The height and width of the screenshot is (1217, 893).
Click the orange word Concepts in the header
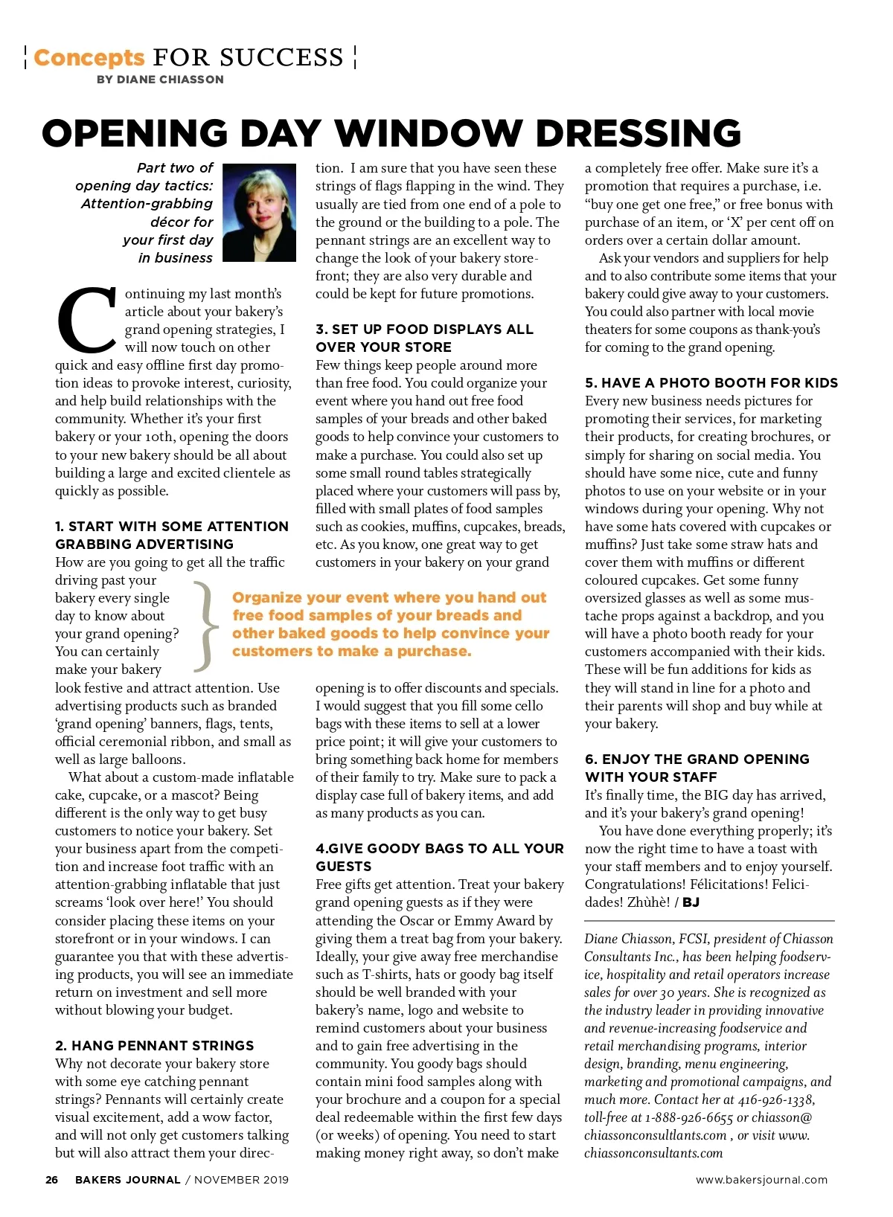89,57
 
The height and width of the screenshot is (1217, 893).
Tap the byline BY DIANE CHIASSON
160,80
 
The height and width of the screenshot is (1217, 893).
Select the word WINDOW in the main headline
428,134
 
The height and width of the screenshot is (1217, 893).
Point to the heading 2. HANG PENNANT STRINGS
155,1045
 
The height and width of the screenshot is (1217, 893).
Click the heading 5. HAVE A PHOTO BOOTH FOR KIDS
711,382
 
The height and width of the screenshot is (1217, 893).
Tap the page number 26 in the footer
51,1180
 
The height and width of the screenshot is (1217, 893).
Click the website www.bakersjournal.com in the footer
761,1180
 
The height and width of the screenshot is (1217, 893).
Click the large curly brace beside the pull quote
206,625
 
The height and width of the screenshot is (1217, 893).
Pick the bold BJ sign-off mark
691,902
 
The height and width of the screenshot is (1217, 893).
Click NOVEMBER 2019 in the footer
242,1180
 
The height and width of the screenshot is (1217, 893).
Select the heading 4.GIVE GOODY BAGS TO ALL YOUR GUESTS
439,857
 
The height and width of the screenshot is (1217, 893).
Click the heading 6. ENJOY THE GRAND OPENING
697,768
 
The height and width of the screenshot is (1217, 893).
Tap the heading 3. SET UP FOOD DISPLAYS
424,338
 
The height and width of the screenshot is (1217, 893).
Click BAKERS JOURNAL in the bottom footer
128,1180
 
